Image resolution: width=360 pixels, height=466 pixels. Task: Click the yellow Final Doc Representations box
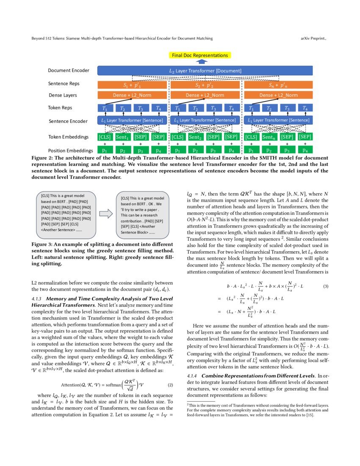pyautogui.click(x=199, y=55)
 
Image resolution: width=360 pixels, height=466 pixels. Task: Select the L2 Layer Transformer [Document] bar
pyautogui.click(x=205, y=70)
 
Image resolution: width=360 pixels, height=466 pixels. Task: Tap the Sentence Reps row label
pyautogui.click(x=64, y=83)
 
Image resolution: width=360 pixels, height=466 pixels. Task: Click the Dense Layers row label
pyautogui.click(x=63, y=95)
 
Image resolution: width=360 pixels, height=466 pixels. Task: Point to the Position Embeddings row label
pyautogui.click(x=70, y=150)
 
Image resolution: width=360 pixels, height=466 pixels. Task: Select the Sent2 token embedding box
pyautogui.click(x=195, y=137)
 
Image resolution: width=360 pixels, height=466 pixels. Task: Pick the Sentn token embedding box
pyautogui.click(x=269, y=137)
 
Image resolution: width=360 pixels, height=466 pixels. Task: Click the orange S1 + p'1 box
pyautogui.click(x=132, y=84)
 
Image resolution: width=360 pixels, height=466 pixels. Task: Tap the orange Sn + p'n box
pyautogui.click(x=278, y=84)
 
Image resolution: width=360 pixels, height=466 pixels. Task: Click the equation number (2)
pyautogui.click(x=171, y=386)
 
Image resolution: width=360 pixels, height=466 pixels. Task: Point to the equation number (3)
pyautogui.click(x=326, y=286)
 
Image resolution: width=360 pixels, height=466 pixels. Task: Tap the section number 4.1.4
pyautogui.click(x=193, y=376)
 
